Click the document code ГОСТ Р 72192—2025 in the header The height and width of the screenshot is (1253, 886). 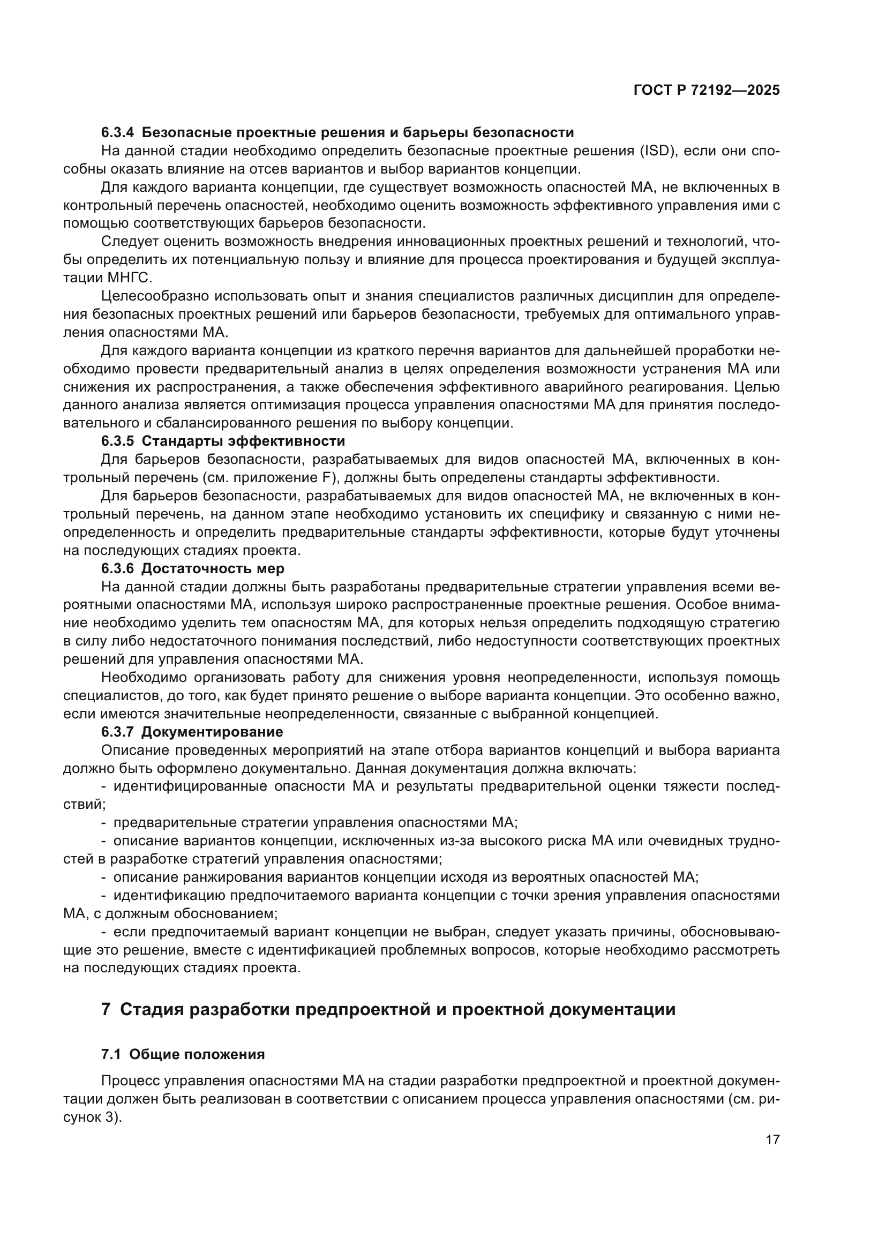point(707,91)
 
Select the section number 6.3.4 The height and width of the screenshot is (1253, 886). point(117,133)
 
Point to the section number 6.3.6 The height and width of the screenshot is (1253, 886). point(117,569)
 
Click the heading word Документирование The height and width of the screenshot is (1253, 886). point(212,732)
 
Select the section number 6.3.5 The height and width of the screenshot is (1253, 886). point(117,441)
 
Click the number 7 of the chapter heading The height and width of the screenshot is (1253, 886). point(107,1010)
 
